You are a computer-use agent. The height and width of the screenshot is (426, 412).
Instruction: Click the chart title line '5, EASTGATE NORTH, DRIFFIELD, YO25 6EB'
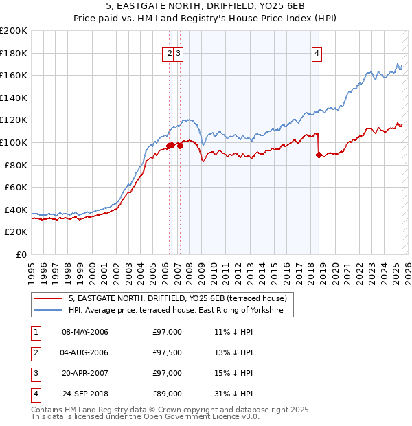(205, 5)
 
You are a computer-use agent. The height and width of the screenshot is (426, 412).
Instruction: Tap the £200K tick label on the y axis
(13, 31)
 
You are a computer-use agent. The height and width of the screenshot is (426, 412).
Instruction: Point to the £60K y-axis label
(15, 187)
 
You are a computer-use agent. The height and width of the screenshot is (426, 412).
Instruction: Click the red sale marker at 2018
(319, 155)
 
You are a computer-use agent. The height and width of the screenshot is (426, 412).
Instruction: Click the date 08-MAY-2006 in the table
(85, 333)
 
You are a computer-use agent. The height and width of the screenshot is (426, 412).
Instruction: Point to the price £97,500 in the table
(168, 353)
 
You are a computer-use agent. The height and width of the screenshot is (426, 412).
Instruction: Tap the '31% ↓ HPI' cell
(233, 394)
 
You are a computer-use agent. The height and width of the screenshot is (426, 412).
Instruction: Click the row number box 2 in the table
(34, 353)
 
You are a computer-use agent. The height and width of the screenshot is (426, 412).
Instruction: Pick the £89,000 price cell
(168, 394)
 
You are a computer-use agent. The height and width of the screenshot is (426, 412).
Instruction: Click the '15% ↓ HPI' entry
(233, 374)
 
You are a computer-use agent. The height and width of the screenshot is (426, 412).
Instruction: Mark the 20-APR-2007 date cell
(85, 374)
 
